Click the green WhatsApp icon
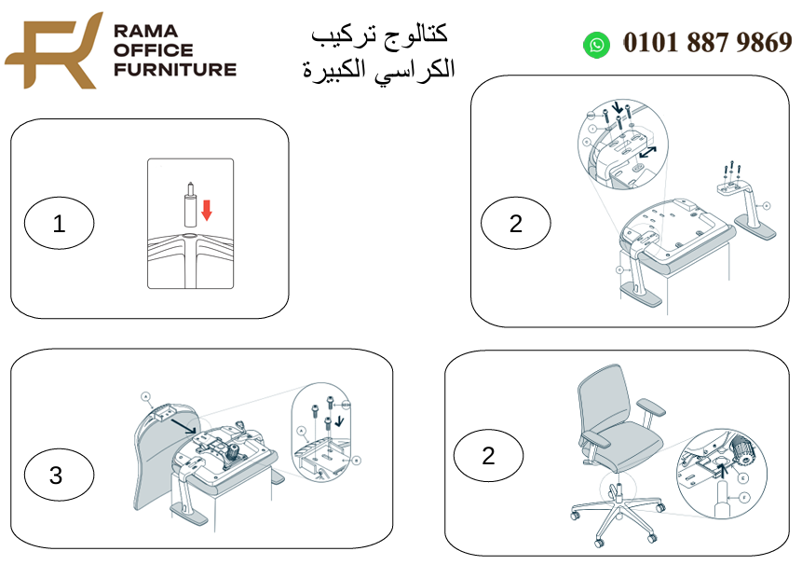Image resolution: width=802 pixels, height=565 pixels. click(x=596, y=44)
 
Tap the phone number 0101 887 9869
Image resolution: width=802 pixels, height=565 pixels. click(x=707, y=43)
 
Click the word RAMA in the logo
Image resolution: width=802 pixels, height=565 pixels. click(x=139, y=31)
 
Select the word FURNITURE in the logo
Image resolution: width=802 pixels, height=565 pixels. click(x=173, y=68)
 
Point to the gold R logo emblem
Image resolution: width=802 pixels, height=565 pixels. click(x=52, y=50)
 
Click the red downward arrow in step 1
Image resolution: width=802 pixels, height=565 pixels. click(x=207, y=210)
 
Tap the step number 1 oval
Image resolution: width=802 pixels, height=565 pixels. click(x=60, y=224)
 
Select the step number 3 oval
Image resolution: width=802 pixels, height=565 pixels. click(x=56, y=475)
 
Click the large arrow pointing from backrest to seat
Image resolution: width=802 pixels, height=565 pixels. click(x=184, y=426)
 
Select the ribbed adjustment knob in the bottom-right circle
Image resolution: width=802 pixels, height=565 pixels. click(x=741, y=452)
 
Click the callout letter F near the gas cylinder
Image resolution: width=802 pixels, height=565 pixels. click(x=743, y=498)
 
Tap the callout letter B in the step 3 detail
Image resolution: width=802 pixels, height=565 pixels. click(x=357, y=460)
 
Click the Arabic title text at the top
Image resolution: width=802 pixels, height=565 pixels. click(x=379, y=51)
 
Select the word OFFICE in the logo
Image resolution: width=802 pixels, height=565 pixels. click(x=152, y=49)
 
